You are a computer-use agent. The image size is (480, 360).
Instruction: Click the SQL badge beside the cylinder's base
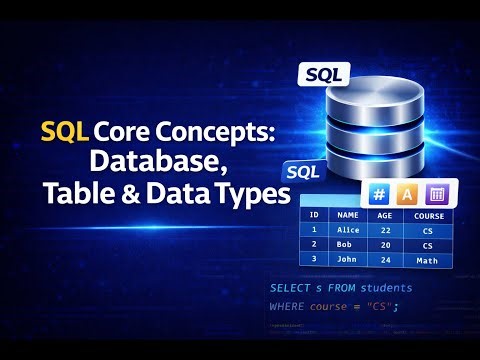303,171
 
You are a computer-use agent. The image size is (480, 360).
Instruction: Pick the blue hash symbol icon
379,195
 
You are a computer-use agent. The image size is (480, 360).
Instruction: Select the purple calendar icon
436,195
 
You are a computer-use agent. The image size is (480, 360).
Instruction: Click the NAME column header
348,214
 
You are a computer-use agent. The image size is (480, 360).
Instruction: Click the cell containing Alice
348,229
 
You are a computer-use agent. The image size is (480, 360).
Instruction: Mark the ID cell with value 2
314,244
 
